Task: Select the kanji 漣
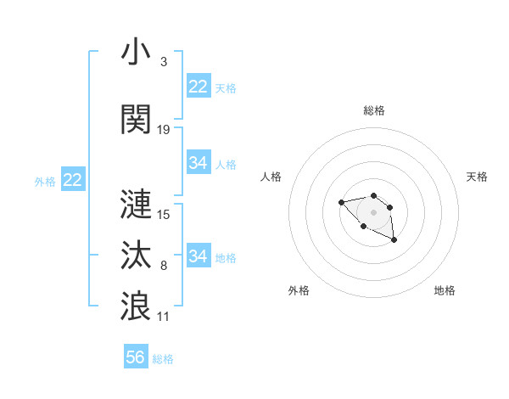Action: [137, 204]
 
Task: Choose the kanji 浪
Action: [137, 305]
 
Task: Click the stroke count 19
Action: [164, 130]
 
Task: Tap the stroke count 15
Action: [164, 215]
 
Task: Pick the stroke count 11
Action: [164, 316]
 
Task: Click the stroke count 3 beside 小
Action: [163, 63]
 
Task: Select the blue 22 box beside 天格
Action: [199, 87]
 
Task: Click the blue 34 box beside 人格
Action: [199, 163]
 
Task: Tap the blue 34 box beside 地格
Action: [199, 256]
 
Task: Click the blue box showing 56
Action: [136, 357]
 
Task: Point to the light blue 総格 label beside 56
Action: [163, 359]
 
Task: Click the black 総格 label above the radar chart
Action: [374, 110]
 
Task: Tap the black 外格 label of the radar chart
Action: [299, 290]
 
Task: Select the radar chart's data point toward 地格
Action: [394, 241]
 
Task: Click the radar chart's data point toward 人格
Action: [341, 202]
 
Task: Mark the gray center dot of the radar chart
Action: [373, 212]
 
